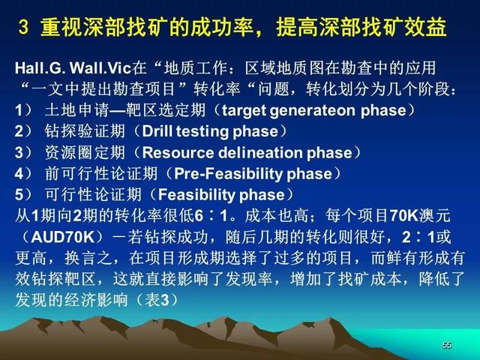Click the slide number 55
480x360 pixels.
[x=447, y=345]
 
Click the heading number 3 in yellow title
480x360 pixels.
[x=23, y=27]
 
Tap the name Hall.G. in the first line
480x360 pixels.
[x=40, y=68]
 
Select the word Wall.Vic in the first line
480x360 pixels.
[x=100, y=68]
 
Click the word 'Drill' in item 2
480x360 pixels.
[x=157, y=131]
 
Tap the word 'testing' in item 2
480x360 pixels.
[x=202, y=132]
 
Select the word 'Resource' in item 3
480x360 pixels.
[x=178, y=152]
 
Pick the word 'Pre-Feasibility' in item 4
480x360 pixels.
[x=228, y=174]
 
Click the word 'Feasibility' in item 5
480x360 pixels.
[x=196, y=195]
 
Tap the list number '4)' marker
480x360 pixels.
[x=23, y=174]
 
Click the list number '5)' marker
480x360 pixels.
[x=23, y=195]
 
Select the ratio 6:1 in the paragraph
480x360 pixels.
[x=211, y=216]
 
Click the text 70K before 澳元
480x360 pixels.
[x=403, y=216]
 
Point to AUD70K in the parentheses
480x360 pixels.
[x=63, y=237]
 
